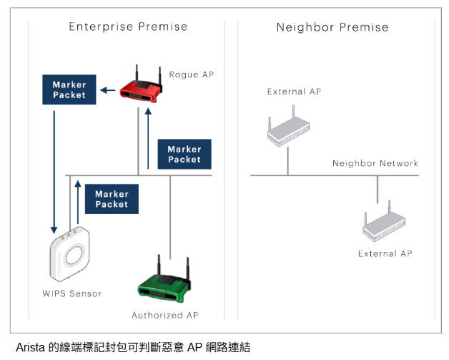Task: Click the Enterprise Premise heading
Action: click(128, 27)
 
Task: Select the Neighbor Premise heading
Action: click(332, 27)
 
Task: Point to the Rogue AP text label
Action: click(191, 74)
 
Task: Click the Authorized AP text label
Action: click(164, 315)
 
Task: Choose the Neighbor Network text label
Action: click(375, 163)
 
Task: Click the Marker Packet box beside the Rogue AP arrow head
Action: click(69, 89)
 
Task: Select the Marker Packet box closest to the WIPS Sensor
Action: click(112, 198)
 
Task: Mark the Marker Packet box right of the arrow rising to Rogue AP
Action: click(184, 154)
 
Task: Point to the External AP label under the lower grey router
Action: click(385, 253)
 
